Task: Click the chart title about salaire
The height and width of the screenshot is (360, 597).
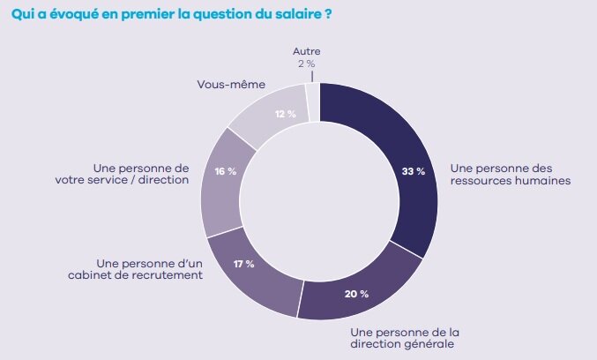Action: coord(171,15)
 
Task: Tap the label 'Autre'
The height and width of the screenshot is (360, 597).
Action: coord(308,52)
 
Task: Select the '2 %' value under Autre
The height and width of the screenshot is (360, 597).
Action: coord(308,64)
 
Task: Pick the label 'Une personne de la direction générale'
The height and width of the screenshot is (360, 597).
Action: coord(405,337)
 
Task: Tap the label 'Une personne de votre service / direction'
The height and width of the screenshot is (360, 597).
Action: coord(141,173)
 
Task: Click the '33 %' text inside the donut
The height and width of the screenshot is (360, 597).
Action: coord(413,171)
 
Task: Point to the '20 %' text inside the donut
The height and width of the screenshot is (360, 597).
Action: coord(356,293)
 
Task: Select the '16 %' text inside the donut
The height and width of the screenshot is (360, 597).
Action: coord(225,171)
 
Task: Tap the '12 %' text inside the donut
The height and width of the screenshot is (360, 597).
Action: coord(285,113)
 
